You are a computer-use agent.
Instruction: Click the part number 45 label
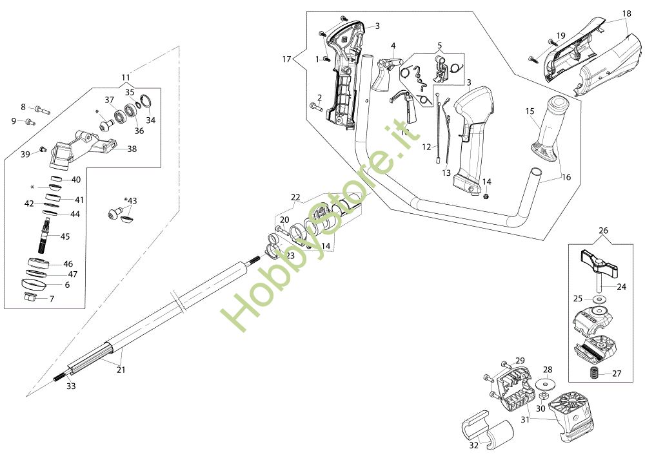pos(65,236)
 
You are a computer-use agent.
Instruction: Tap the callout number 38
pos(132,149)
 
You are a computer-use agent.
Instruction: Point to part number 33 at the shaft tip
pos(71,386)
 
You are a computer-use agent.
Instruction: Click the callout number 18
pos(627,14)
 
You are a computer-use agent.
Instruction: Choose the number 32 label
pos(473,445)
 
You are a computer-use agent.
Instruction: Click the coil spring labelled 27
pos(592,374)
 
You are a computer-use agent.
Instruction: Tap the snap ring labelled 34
pos(146,102)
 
